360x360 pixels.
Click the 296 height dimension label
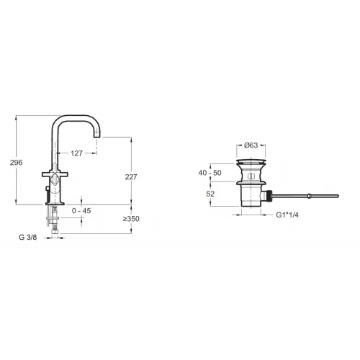pos(16,163)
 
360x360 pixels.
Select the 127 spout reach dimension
pos(76,153)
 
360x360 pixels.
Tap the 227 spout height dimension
pos(131,177)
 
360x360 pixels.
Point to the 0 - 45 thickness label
pos(81,211)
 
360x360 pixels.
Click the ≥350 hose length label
pos(131,219)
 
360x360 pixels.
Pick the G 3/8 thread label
pos(28,238)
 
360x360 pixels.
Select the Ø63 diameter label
pos(251,145)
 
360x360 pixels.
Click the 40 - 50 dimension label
pos(210,173)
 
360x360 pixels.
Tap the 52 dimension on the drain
pos(210,194)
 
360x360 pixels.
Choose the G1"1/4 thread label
pos(287,215)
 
